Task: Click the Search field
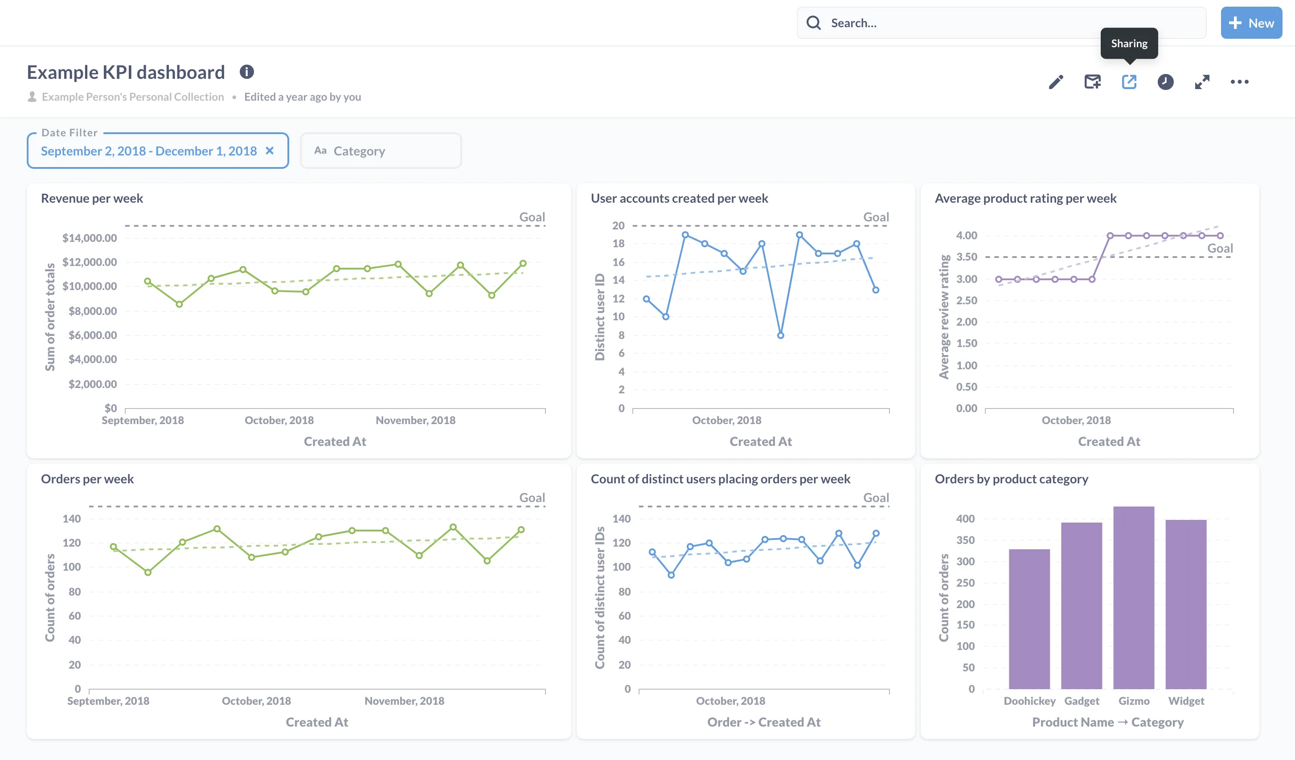[x=1002, y=23]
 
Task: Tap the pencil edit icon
[x=1056, y=82]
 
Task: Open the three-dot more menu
[x=1239, y=82]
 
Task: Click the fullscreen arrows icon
[x=1201, y=82]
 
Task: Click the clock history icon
[x=1165, y=82]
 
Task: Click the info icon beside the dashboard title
[x=247, y=72]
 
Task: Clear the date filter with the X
[x=269, y=151]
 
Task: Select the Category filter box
[x=380, y=151]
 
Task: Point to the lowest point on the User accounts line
[x=780, y=335]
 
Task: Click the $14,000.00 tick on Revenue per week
[x=90, y=238]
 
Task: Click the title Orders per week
[x=87, y=479]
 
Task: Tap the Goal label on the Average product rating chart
[x=1219, y=249]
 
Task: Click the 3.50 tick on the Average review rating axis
[x=966, y=257]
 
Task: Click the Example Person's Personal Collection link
[x=133, y=97]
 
